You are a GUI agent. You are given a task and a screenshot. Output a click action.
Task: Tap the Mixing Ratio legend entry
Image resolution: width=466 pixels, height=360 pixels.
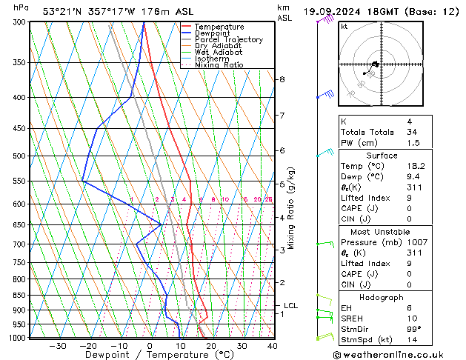click(219, 64)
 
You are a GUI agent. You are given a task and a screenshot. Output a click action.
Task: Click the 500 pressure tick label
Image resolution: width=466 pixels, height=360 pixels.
click(19, 156)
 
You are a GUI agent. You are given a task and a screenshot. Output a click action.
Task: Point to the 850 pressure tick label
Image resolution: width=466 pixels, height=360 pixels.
click(19, 295)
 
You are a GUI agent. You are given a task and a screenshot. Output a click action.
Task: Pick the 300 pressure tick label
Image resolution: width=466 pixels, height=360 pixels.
click(19, 22)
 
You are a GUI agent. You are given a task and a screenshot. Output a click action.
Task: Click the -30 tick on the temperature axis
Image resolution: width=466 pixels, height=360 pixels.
click(58, 346)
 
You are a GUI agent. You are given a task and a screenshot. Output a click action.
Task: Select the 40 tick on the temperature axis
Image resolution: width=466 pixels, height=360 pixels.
click(273, 346)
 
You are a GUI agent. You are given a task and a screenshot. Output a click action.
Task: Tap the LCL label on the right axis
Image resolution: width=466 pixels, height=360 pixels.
click(290, 305)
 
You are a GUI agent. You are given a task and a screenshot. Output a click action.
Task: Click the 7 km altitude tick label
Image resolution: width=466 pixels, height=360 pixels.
click(282, 116)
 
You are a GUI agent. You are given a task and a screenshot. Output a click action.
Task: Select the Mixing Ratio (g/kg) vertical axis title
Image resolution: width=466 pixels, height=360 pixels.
click(292, 208)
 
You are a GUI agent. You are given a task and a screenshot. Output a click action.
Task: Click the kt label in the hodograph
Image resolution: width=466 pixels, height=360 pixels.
click(344, 26)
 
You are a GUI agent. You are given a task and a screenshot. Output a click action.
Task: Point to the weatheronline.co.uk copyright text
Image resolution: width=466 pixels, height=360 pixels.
click(398, 354)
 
